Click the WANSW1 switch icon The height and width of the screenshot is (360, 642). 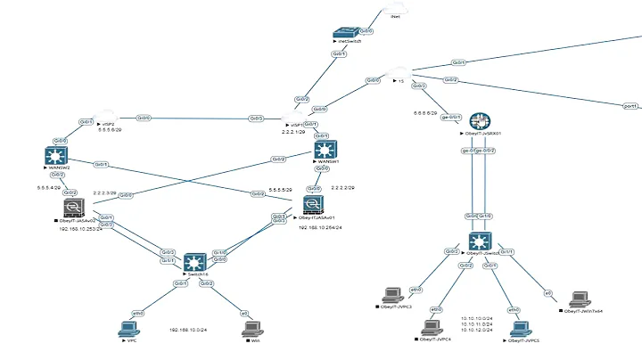coord(325,150)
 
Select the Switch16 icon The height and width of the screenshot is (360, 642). coord(193,262)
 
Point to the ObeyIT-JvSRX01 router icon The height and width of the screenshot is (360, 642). coord(481,121)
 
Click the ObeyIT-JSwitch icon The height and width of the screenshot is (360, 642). coord(481,241)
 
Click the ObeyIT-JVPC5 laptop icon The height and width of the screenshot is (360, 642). coord(517,326)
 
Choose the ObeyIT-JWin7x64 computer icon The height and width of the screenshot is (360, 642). coord(578,299)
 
